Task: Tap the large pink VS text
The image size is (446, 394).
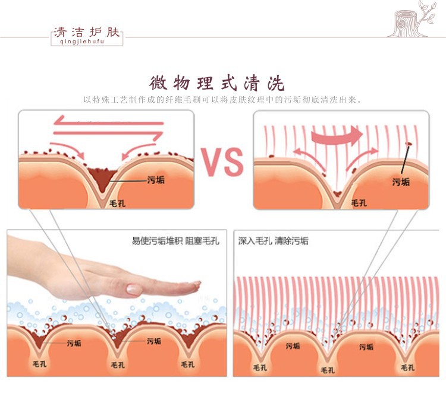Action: pos(222,161)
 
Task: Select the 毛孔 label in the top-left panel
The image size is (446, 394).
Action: pos(116,204)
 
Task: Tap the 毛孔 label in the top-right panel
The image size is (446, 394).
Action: pos(359,204)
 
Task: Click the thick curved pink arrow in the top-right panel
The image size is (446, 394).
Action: pos(337,136)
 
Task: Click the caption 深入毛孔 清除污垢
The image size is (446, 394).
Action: pos(274,242)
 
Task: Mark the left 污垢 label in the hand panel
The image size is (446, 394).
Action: pos(74,343)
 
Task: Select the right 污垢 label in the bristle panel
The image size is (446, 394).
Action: pos(366,347)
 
